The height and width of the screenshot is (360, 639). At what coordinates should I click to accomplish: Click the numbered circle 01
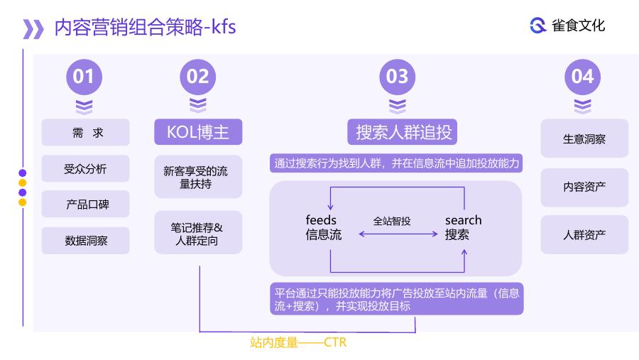pyautogui.click(x=84, y=77)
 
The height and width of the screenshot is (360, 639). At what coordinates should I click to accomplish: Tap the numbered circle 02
pyautogui.click(x=197, y=77)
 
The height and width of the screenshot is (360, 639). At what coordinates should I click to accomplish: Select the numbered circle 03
pyautogui.click(x=398, y=77)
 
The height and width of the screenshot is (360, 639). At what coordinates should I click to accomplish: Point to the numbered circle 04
pyautogui.click(x=582, y=77)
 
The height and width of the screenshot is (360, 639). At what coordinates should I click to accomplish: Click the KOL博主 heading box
pyautogui.click(x=198, y=131)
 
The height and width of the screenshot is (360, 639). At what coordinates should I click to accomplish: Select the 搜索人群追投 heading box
pyautogui.click(x=403, y=131)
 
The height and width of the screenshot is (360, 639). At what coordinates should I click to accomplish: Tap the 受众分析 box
pyautogui.click(x=86, y=168)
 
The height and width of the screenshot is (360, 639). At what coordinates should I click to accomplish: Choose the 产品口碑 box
pyautogui.click(x=86, y=204)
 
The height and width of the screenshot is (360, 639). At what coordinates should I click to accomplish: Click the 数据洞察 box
pyautogui.click(x=86, y=241)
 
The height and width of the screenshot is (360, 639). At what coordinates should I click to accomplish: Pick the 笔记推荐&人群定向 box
pyautogui.click(x=198, y=232)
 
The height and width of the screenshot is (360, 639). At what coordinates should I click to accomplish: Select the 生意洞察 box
pyautogui.click(x=584, y=138)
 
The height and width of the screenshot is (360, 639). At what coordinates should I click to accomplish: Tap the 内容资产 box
pyautogui.click(x=584, y=187)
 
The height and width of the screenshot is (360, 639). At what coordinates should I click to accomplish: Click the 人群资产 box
pyautogui.click(x=584, y=234)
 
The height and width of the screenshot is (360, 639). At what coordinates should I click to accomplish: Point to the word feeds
pyautogui.click(x=321, y=220)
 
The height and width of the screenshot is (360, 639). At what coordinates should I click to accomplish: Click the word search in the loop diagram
pyautogui.click(x=464, y=220)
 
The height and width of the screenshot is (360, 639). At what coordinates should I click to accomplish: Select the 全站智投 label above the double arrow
pyautogui.click(x=392, y=222)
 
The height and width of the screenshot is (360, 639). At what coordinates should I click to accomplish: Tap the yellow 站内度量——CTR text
pyautogui.click(x=298, y=342)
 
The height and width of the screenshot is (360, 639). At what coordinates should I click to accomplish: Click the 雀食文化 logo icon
pyautogui.click(x=538, y=26)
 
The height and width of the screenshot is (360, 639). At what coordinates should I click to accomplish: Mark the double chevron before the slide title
pyautogui.click(x=33, y=29)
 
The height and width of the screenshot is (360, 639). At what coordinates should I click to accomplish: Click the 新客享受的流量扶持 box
pyautogui.click(x=198, y=177)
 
